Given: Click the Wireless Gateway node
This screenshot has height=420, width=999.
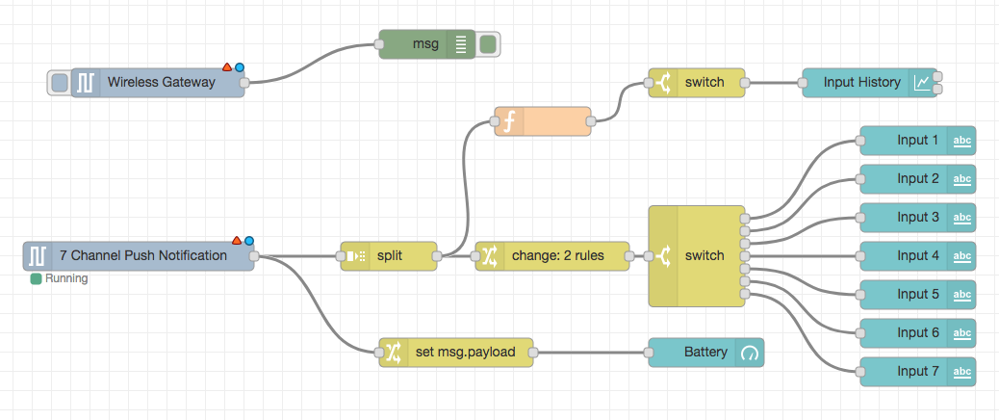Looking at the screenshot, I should (x=159, y=83).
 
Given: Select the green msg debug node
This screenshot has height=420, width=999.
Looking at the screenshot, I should (x=423, y=44).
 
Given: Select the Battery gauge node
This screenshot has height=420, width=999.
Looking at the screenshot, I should (x=706, y=353).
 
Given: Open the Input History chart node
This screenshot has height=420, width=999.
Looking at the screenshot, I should (x=860, y=83).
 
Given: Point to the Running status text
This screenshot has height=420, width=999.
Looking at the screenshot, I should (x=66, y=279).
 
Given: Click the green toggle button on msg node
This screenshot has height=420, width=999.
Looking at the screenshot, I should (x=488, y=44).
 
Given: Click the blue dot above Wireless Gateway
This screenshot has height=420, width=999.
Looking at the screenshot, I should (x=239, y=67).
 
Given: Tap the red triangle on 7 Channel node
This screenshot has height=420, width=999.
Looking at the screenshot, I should (x=237, y=240).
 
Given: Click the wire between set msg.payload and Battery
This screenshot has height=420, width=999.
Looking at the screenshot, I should (x=592, y=353).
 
